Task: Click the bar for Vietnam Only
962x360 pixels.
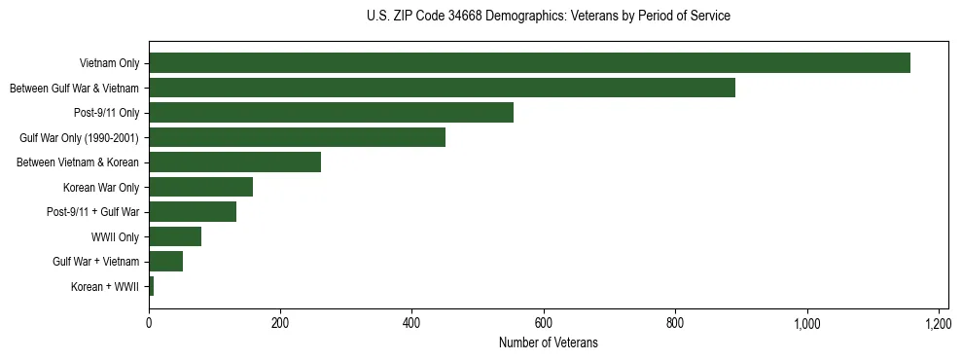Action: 529,63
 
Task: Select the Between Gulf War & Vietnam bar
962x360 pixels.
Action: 442,88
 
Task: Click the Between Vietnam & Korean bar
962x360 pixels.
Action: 234,162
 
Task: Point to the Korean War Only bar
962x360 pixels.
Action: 200,187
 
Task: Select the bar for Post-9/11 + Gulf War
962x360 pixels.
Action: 193,212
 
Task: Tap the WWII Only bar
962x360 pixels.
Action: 175,236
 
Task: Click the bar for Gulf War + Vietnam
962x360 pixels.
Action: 165,262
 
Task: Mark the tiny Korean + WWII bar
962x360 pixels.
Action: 152,286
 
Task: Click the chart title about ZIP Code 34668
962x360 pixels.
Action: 549,16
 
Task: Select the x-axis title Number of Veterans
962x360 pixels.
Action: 548,343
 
